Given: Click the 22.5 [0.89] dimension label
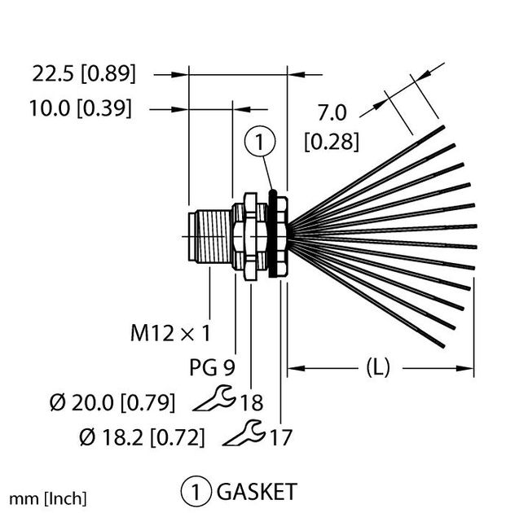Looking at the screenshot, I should pyautogui.click(x=84, y=74).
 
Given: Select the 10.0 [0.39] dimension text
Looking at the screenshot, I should pyautogui.click(x=82, y=108).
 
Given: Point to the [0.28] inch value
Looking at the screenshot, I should pyautogui.click(x=331, y=141).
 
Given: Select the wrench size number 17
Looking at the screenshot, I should pyautogui.click(x=280, y=437).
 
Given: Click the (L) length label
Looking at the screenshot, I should pyautogui.click(x=376, y=368).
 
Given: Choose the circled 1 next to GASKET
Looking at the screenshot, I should pyautogui.click(x=196, y=492).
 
